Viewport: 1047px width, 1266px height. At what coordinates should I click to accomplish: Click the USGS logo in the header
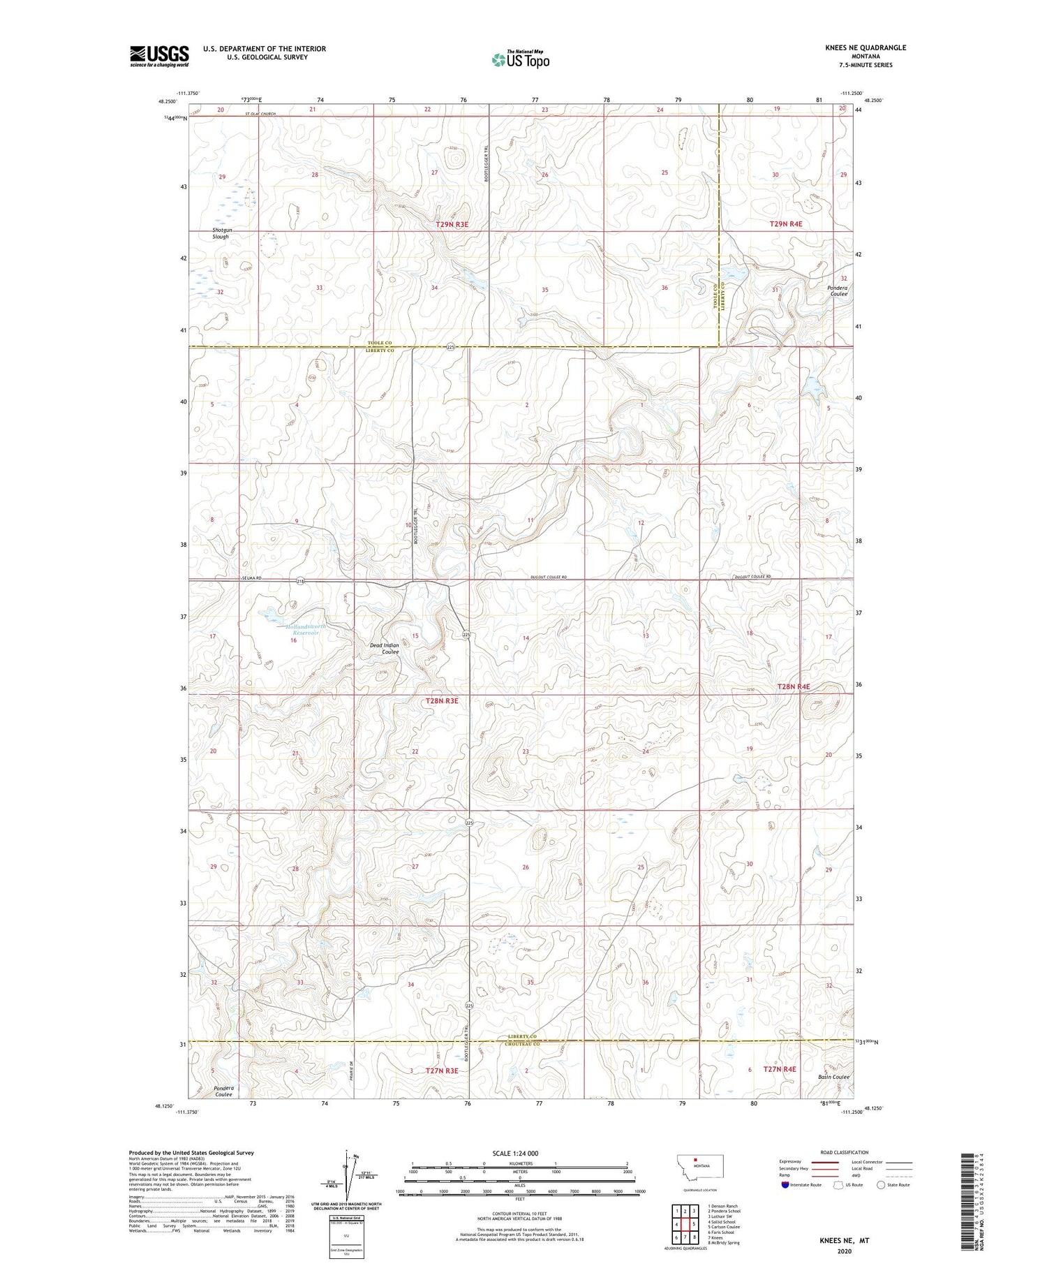coord(159,56)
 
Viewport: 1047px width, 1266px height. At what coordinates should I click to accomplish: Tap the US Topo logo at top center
coord(520,59)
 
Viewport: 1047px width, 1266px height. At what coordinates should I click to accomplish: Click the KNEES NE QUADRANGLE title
coord(865,47)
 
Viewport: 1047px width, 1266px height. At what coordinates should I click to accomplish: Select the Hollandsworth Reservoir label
coord(306,629)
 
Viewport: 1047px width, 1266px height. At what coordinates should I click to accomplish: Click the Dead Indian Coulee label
coord(385,648)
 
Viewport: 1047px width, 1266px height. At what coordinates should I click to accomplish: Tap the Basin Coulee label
coord(833,1096)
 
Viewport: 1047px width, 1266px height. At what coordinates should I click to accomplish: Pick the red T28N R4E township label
coord(794,686)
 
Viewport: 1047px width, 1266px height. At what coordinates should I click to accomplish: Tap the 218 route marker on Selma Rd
coord(300,581)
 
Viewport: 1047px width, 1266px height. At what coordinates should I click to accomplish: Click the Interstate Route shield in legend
coord(785,1184)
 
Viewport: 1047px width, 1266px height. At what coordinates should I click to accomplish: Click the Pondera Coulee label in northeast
coord(838,290)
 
